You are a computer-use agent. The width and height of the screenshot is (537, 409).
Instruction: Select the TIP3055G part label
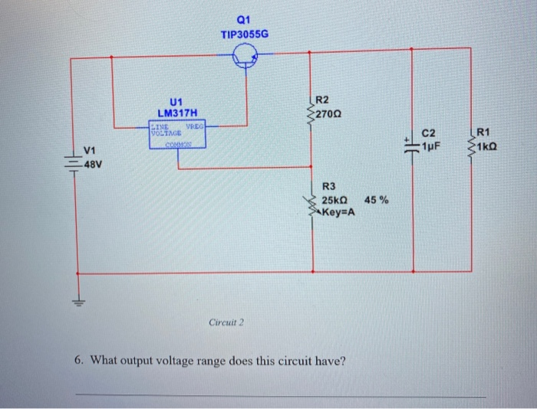point(245,34)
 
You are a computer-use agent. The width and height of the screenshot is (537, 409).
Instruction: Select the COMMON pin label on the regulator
point(177,140)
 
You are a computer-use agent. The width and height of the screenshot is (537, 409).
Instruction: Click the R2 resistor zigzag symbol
point(311,116)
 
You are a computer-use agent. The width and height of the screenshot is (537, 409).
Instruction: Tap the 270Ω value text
point(331,114)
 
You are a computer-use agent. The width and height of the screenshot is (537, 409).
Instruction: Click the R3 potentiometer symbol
point(313,204)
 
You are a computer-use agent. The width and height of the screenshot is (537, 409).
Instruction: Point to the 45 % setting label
point(377,200)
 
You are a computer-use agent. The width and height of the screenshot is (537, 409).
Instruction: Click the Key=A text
point(339,212)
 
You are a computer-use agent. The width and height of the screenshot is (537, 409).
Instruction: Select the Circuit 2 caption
point(226,322)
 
